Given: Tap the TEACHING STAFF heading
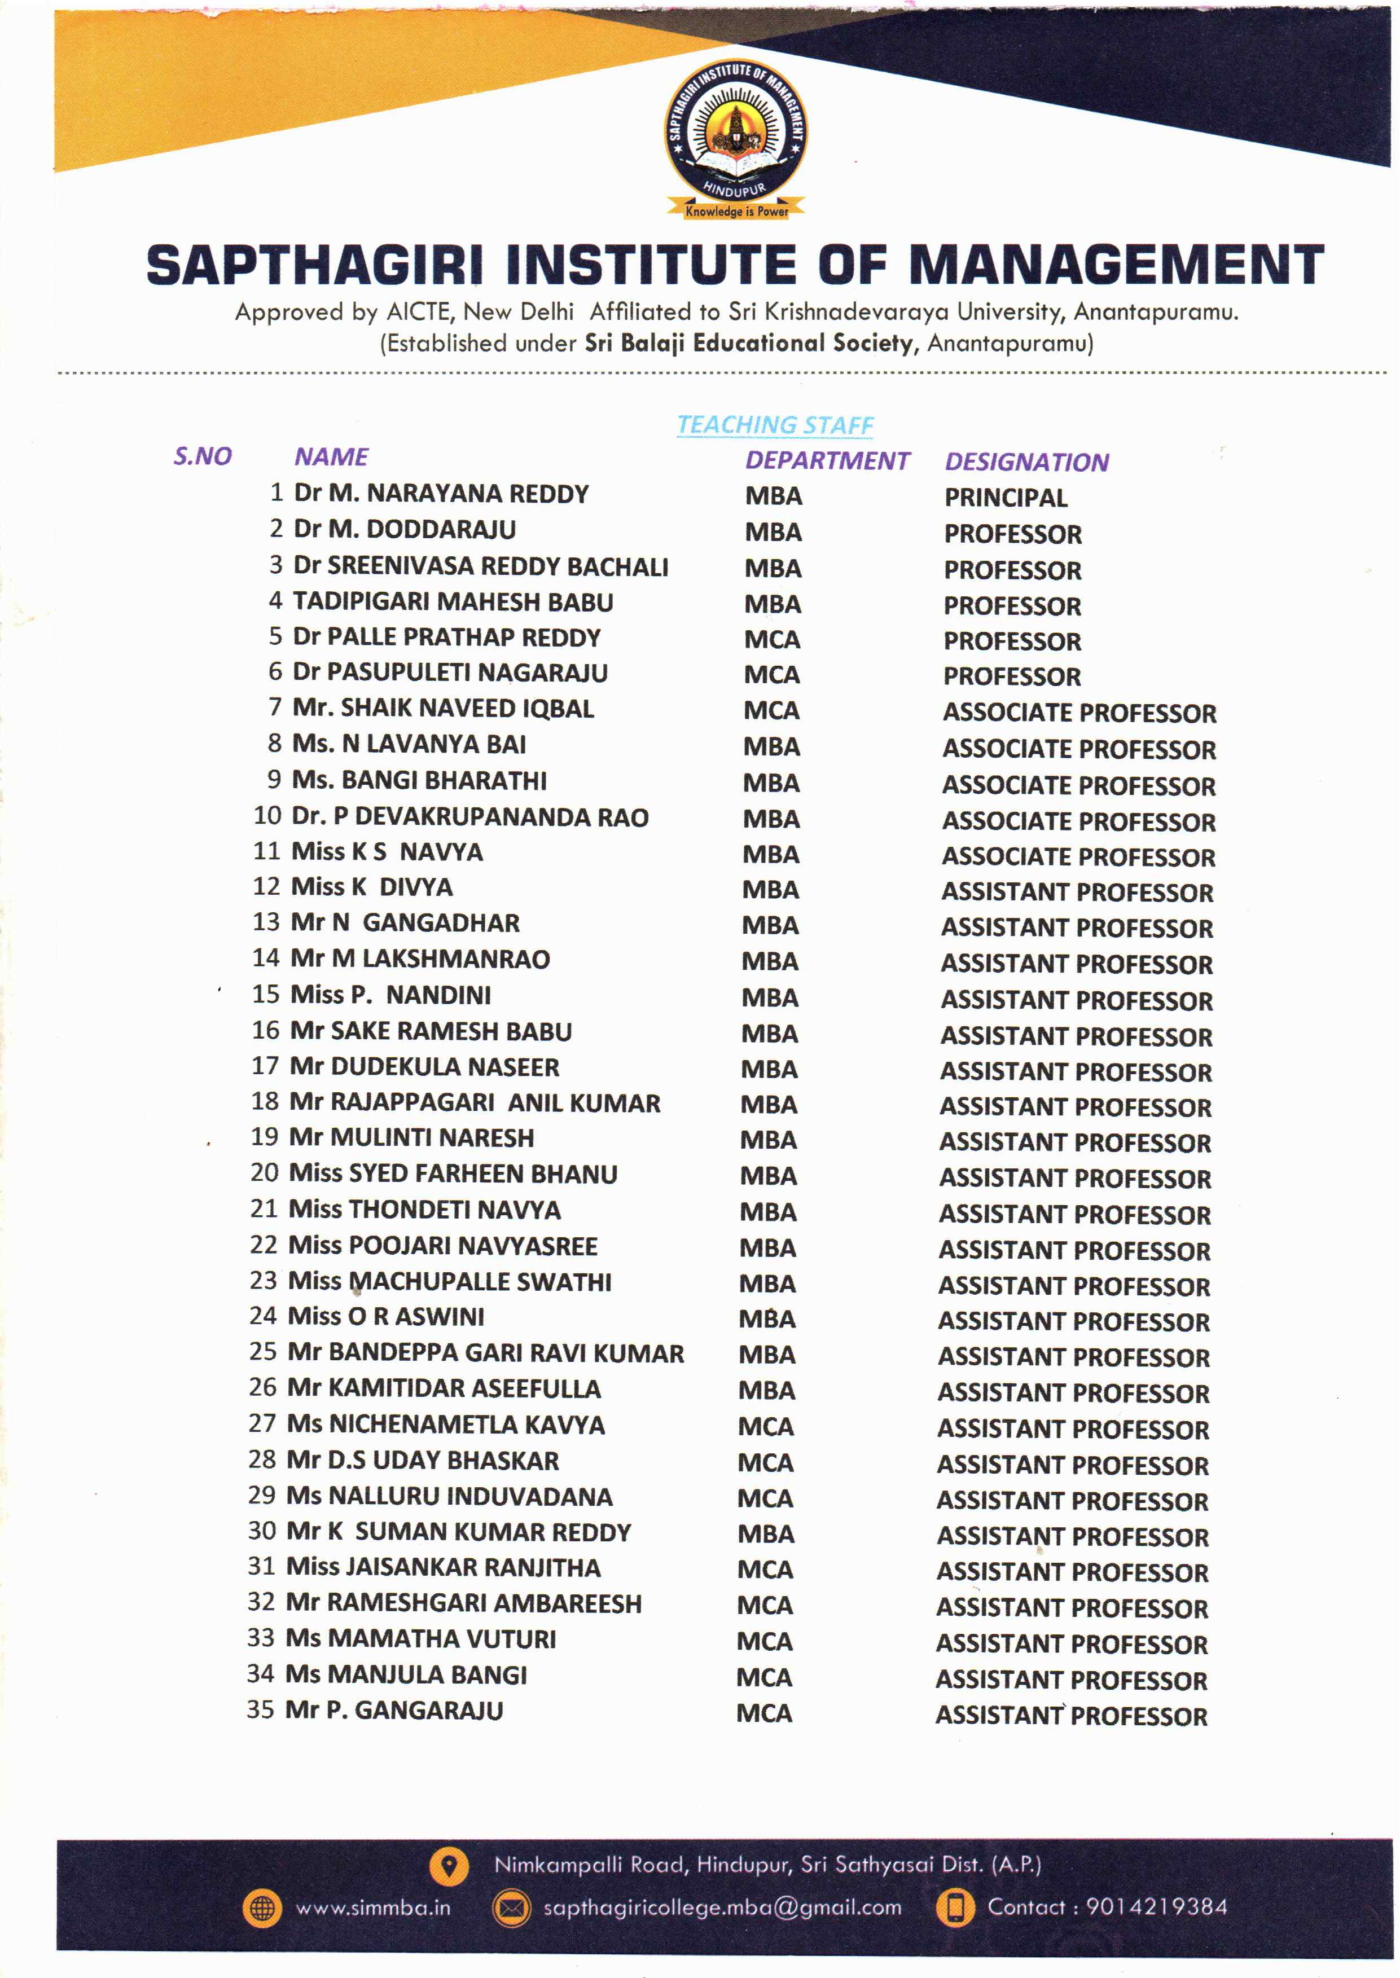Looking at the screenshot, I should (774, 424).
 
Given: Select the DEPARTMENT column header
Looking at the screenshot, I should (827, 460).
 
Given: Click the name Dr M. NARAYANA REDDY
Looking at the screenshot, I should (441, 494).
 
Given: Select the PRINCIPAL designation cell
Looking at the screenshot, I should (1005, 497).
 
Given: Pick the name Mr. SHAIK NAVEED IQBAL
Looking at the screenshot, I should (443, 709).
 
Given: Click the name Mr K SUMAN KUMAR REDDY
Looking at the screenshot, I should (459, 1532).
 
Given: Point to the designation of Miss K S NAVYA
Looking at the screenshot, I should (1078, 857).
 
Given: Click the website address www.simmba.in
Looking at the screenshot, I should (372, 1907).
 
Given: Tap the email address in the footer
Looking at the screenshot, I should (722, 1907).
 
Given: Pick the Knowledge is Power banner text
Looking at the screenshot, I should (736, 211).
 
